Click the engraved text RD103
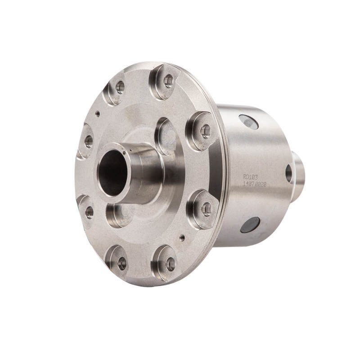tap(251, 177)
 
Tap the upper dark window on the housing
tap(249, 122)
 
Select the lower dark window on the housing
tap(250, 225)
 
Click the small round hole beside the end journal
tap(288, 173)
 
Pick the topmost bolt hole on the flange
tap(168, 81)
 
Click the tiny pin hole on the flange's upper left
tap(98, 114)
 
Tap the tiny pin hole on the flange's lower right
tap(182, 237)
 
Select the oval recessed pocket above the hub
tap(166, 136)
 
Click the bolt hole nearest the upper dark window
tap(205, 131)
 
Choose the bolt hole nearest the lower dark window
tap(206, 209)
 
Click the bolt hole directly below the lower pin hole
tap(170, 264)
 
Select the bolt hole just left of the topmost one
tap(120, 87)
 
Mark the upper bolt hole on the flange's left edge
tap(89, 141)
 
